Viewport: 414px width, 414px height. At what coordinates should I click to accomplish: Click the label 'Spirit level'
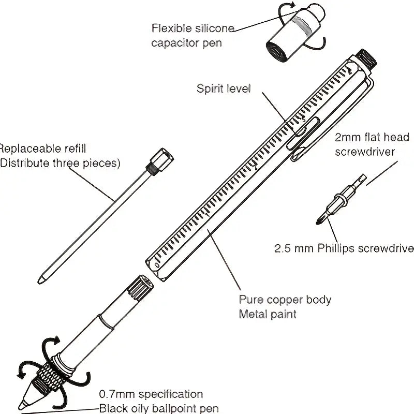click(223, 88)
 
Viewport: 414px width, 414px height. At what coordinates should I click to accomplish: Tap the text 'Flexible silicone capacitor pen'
click(193, 35)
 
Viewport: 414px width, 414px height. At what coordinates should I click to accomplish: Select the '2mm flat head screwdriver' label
click(372, 144)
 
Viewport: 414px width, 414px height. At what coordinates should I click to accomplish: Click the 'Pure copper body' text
click(285, 300)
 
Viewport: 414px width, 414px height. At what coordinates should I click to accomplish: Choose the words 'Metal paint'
click(267, 314)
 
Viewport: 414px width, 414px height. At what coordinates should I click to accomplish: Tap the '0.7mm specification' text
click(151, 394)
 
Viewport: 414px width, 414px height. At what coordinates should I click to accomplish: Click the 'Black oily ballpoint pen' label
click(159, 408)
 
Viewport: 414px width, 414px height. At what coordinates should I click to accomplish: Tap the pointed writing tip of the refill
click(40, 279)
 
